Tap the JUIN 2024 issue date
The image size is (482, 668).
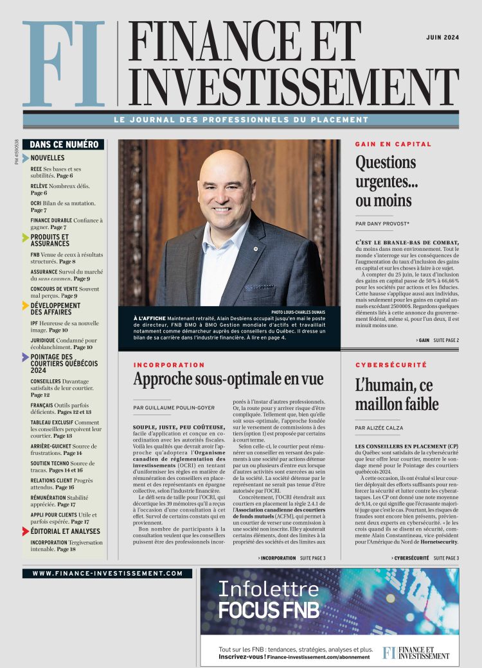[442, 38]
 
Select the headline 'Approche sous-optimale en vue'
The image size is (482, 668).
[228, 379]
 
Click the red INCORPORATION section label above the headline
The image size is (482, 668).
[169, 365]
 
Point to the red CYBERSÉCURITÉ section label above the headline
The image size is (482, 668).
[391, 365]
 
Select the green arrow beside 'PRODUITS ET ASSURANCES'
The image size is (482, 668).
[26, 237]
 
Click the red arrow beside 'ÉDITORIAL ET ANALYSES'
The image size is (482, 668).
[26, 531]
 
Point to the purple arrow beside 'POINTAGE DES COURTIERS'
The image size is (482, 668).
[26, 357]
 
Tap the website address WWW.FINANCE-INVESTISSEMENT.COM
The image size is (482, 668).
[107, 573]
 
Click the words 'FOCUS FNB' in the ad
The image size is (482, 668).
[268, 610]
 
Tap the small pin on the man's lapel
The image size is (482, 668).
[255, 248]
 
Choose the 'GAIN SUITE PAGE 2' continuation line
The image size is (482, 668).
[437, 340]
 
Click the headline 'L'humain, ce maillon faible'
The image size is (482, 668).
[397, 395]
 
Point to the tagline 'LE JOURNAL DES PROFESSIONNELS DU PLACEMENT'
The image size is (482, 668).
[240, 120]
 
